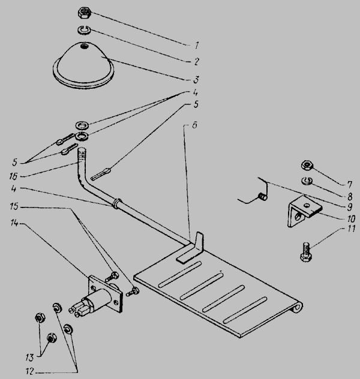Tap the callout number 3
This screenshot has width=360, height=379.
(x=196, y=79)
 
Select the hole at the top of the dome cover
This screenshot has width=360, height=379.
(x=85, y=46)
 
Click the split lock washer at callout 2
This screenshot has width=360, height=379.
(x=83, y=30)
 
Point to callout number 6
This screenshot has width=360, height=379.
(x=195, y=125)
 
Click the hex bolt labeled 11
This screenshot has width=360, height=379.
(x=307, y=252)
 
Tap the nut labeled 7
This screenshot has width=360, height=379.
(x=308, y=166)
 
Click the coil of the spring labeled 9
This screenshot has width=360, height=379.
(x=263, y=197)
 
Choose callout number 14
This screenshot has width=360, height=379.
(x=14, y=223)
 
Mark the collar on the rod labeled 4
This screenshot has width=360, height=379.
(x=117, y=203)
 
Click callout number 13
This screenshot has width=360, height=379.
(x=29, y=357)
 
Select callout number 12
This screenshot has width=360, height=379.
(x=29, y=371)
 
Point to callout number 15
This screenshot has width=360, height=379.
(x=14, y=207)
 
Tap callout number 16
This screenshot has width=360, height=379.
(x=13, y=176)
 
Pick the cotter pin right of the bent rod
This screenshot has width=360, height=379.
(x=101, y=175)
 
